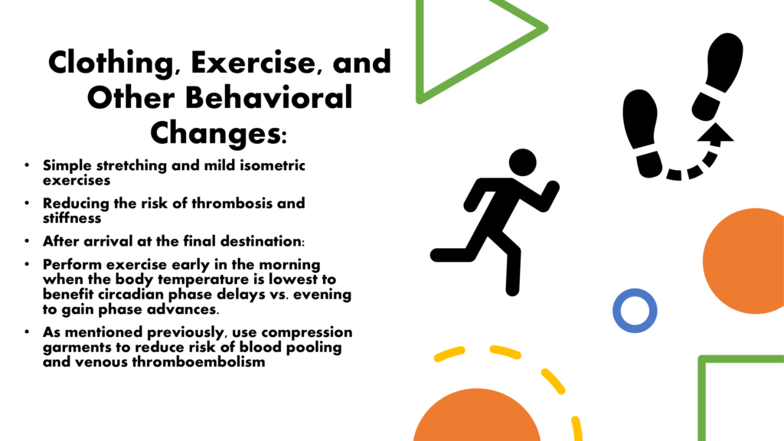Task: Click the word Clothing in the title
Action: click(x=110, y=63)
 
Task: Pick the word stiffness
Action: click(x=72, y=218)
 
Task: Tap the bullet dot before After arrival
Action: click(x=27, y=241)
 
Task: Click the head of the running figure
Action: click(x=522, y=162)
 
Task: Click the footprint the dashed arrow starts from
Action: click(x=642, y=133)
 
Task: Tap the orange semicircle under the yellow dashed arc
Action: click(x=476, y=417)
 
